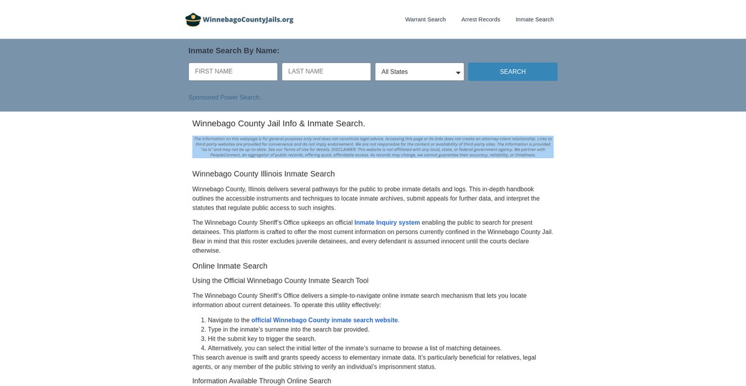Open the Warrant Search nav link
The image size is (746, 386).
click(425, 19)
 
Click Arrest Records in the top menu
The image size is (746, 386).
click(481, 19)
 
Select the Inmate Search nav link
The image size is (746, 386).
click(535, 19)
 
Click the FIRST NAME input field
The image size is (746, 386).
click(233, 72)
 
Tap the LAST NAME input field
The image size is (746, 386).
click(326, 72)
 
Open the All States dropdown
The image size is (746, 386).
click(420, 72)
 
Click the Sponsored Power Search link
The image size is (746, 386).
click(224, 97)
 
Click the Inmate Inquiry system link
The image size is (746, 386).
click(387, 223)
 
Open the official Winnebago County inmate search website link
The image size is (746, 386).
click(325, 320)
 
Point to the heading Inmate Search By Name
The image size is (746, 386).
click(234, 50)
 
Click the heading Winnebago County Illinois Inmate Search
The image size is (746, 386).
click(264, 174)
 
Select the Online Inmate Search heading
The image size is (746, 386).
click(229, 266)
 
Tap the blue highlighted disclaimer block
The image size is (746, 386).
click(373, 147)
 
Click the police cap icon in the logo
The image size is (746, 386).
click(193, 19)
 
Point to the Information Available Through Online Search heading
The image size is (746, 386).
click(262, 381)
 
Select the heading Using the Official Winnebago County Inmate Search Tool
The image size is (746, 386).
click(280, 281)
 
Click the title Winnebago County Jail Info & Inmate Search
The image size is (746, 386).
click(279, 123)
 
